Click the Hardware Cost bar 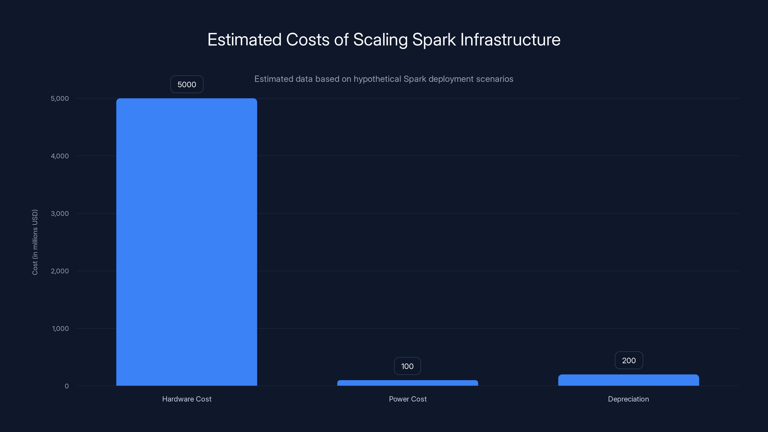pyautogui.click(x=187, y=242)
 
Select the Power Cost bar pyautogui.click(x=408, y=383)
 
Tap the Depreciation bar pyautogui.click(x=629, y=380)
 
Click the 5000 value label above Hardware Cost pyautogui.click(x=187, y=84)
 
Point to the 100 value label pyautogui.click(x=407, y=366)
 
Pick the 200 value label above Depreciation pyautogui.click(x=629, y=360)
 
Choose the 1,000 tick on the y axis pyautogui.click(x=60, y=329)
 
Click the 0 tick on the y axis pyautogui.click(x=67, y=386)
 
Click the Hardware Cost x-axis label pyautogui.click(x=187, y=399)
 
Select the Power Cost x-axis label pyautogui.click(x=408, y=399)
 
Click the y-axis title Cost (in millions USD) pyautogui.click(x=35, y=242)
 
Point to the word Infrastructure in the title pyautogui.click(x=510, y=40)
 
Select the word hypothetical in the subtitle pyautogui.click(x=377, y=79)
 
